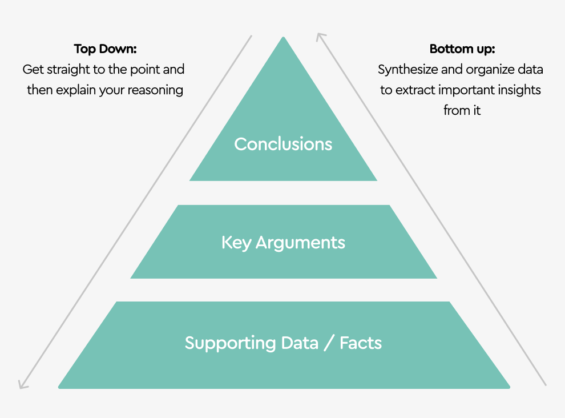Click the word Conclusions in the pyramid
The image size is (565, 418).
[283, 144]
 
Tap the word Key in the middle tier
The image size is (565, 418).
[236, 243]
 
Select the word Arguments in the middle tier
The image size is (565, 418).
[300, 243]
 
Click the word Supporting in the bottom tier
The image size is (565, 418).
[230, 343]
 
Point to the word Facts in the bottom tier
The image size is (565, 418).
[361, 343]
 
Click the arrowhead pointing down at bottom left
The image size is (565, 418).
[22, 384]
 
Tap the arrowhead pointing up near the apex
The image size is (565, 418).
[321, 37]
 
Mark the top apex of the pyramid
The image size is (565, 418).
[283, 38]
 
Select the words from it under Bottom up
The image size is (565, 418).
[462, 111]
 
